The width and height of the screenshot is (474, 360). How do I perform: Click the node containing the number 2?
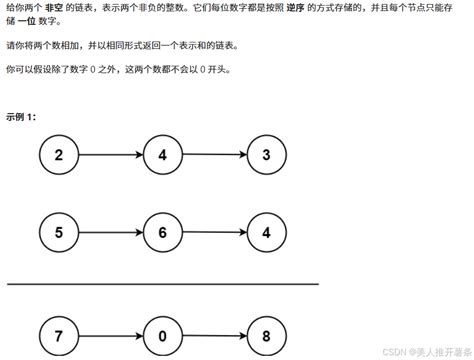59,155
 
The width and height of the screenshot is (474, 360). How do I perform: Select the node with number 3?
264,155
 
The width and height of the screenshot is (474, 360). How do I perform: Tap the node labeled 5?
59,233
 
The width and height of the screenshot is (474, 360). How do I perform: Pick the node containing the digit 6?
162,233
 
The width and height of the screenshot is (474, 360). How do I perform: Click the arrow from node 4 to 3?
213,155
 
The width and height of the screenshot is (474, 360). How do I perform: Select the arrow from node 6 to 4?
213,233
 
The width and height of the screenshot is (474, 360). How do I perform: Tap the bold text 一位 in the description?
30,24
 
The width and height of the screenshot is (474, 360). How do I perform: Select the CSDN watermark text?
417,351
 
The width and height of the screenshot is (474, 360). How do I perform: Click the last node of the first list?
264,155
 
